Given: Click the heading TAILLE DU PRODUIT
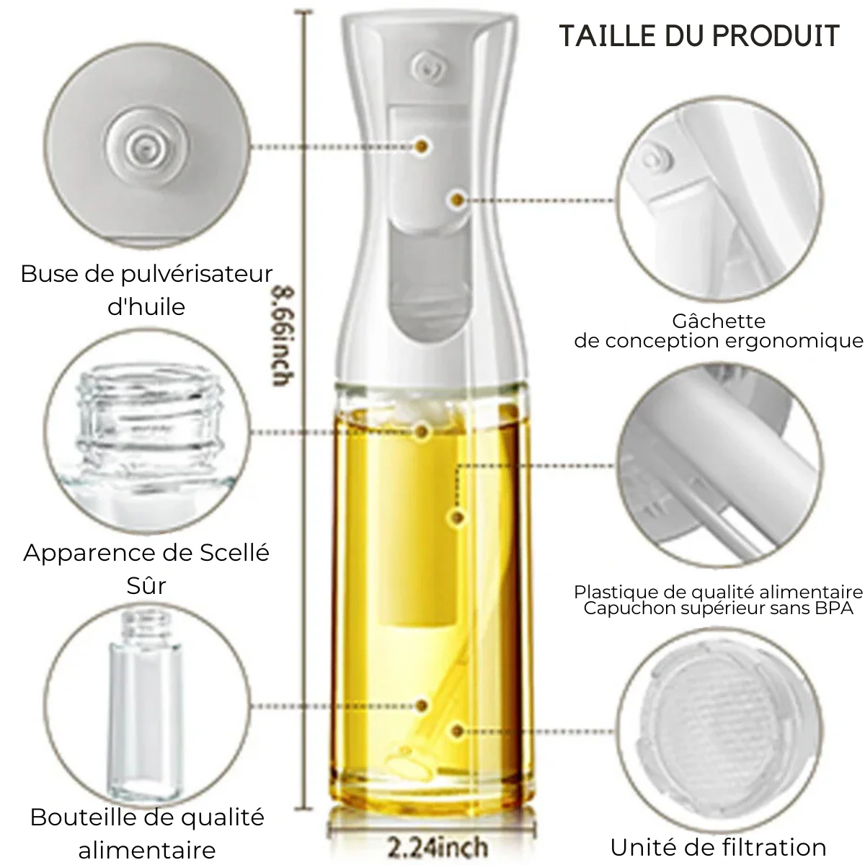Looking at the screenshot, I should tap(698, 35).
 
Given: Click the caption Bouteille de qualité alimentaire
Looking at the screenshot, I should tap(147, 832).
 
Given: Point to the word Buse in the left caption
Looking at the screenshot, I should tap(48, 275).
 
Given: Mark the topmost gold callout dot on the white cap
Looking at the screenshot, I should tap(422, 146).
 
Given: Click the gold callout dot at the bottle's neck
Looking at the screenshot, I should tap(422, 431).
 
